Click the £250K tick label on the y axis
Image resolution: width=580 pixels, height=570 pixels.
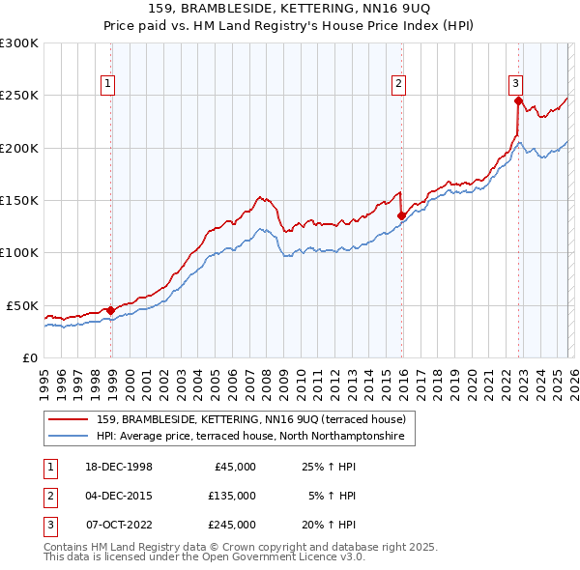click(19, 96)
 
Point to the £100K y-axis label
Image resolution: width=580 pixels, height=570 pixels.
click(19, 252)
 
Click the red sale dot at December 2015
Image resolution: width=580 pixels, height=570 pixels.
click(401, 216)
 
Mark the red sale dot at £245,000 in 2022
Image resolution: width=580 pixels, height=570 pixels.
click(518, 100)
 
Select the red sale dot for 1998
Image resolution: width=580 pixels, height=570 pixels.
click(111, 310)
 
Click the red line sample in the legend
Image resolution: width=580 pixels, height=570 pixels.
click(70, 419)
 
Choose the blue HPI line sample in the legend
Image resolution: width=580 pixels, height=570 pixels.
click(70, 436)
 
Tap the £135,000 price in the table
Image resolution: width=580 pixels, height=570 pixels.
click(232, 496)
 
